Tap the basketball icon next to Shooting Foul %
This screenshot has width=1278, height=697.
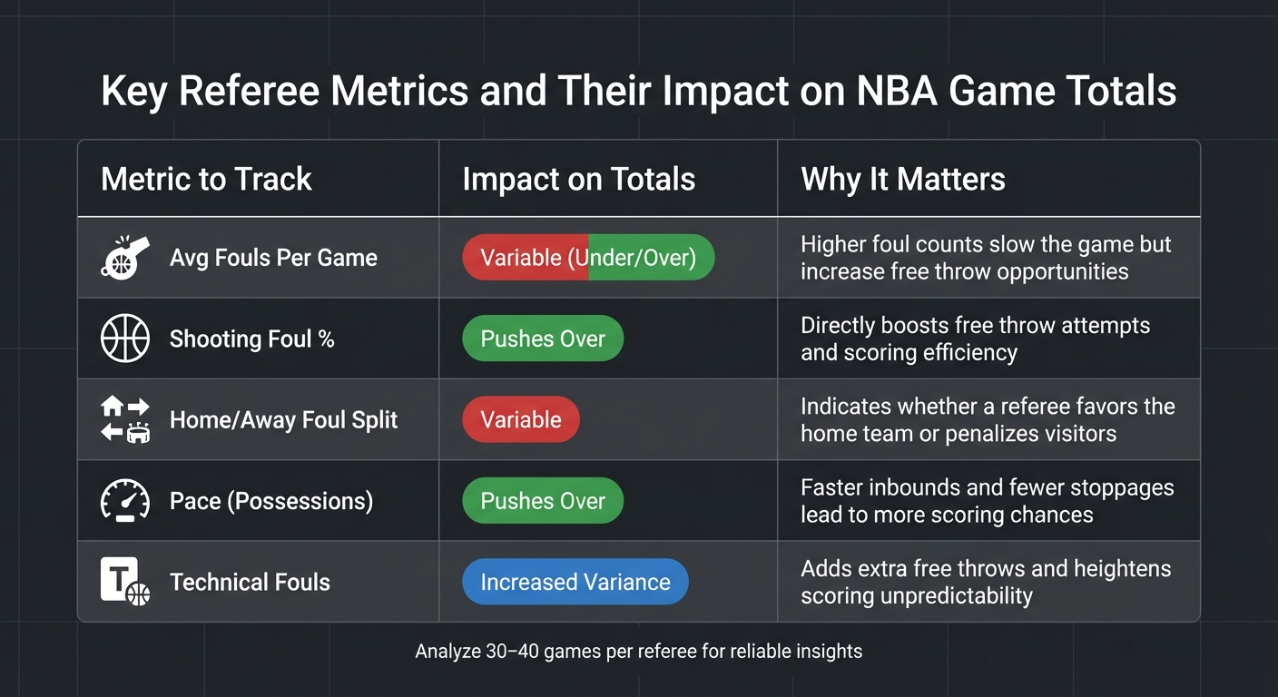[x=124, y=339]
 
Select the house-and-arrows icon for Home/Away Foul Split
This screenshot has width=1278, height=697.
[x=124, y=419]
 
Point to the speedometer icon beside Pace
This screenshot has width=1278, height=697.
[x=124, y=501]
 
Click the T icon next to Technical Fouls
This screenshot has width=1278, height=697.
[x=124, y=582]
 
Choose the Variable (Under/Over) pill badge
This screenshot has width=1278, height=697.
[x=588, y=258]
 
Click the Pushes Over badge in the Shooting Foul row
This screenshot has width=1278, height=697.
[x=543, y=339]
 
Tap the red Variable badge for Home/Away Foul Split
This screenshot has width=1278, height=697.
[x=520, y=419]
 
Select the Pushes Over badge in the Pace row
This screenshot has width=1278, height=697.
[x=543, y=501]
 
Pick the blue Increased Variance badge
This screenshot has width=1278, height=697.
[x=575, y=582]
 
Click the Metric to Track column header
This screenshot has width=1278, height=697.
[x=206, y=179]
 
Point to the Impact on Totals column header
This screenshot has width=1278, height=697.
[x=578, y=179]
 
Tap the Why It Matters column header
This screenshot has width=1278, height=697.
[x=902, y=179]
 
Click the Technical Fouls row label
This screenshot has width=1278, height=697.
[x=250, y=582]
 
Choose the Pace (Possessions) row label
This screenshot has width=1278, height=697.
[x=270, y=501]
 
